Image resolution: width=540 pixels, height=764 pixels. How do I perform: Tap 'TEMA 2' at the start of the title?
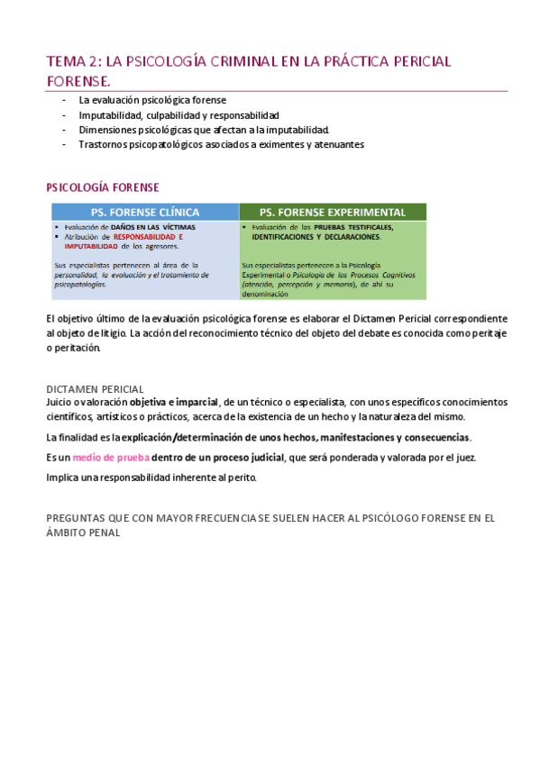73,62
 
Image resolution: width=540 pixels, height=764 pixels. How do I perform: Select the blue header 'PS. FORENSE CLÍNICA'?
144,212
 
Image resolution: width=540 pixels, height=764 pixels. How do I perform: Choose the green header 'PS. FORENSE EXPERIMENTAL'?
333,212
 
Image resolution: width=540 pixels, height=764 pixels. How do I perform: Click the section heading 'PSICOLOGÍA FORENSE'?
102,187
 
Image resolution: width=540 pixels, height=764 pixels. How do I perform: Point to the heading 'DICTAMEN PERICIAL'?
94,388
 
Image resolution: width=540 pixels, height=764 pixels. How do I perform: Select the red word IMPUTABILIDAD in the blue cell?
90,245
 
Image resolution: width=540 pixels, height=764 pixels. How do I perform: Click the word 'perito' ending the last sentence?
242,477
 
